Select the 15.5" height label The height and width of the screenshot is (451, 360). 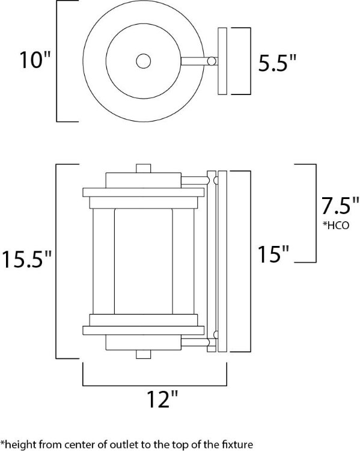[x=30, y=260]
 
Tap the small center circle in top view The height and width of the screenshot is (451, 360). [x=143, y=61]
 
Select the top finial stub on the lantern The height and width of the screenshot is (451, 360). [x=143, y=168]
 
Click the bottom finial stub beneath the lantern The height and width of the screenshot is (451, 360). [x=143, y=354]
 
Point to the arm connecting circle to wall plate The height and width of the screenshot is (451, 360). [x=195, y=61]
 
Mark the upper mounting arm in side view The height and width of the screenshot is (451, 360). [x=192, y=179]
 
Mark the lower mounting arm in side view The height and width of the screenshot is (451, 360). [x=192, y=343]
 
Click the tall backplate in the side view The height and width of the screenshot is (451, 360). [x=222, y=262]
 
